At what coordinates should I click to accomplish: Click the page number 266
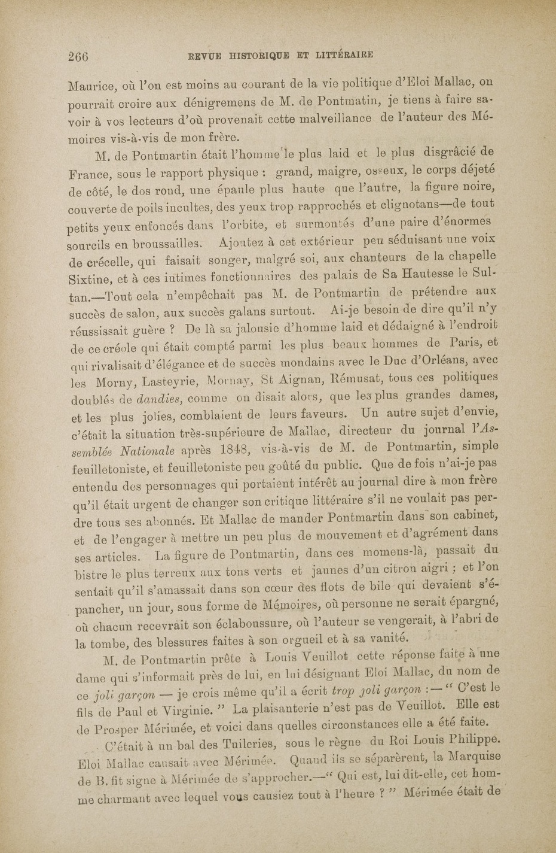(x=78, y=57)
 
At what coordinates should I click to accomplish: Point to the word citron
(x=393, y=564)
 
